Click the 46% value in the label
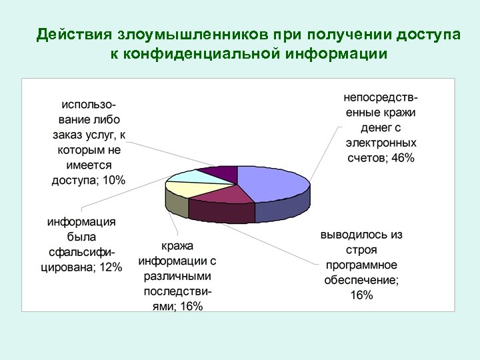(x=403, y=158)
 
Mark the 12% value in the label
(x=109, y=267)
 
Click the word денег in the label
(x=367, y=127)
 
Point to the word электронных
(x=381, y=143)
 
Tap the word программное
(x=361, y=265)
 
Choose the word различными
(x=177, y=276)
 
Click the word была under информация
(x=81, y=237)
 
